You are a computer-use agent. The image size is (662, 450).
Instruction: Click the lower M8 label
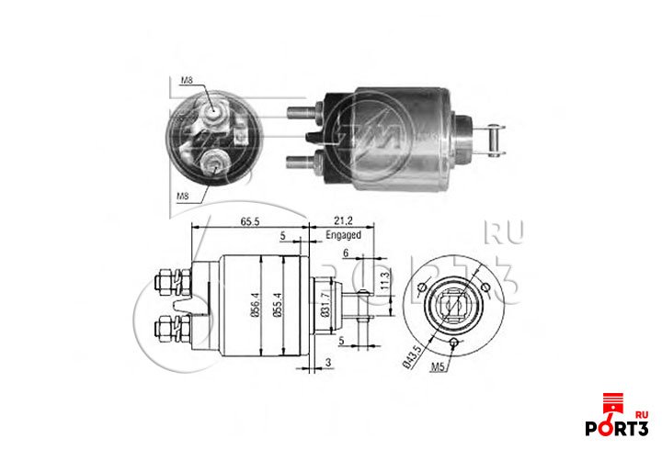[x=185, y=197]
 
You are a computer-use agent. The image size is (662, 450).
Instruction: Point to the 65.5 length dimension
[x=252, y=221]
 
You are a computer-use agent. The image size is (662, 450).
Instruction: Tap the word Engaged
[x=343, y=235]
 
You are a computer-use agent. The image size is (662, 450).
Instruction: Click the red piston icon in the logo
[x=611, y=403]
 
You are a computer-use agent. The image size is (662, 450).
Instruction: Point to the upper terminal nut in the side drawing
[x=169, y=277]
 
